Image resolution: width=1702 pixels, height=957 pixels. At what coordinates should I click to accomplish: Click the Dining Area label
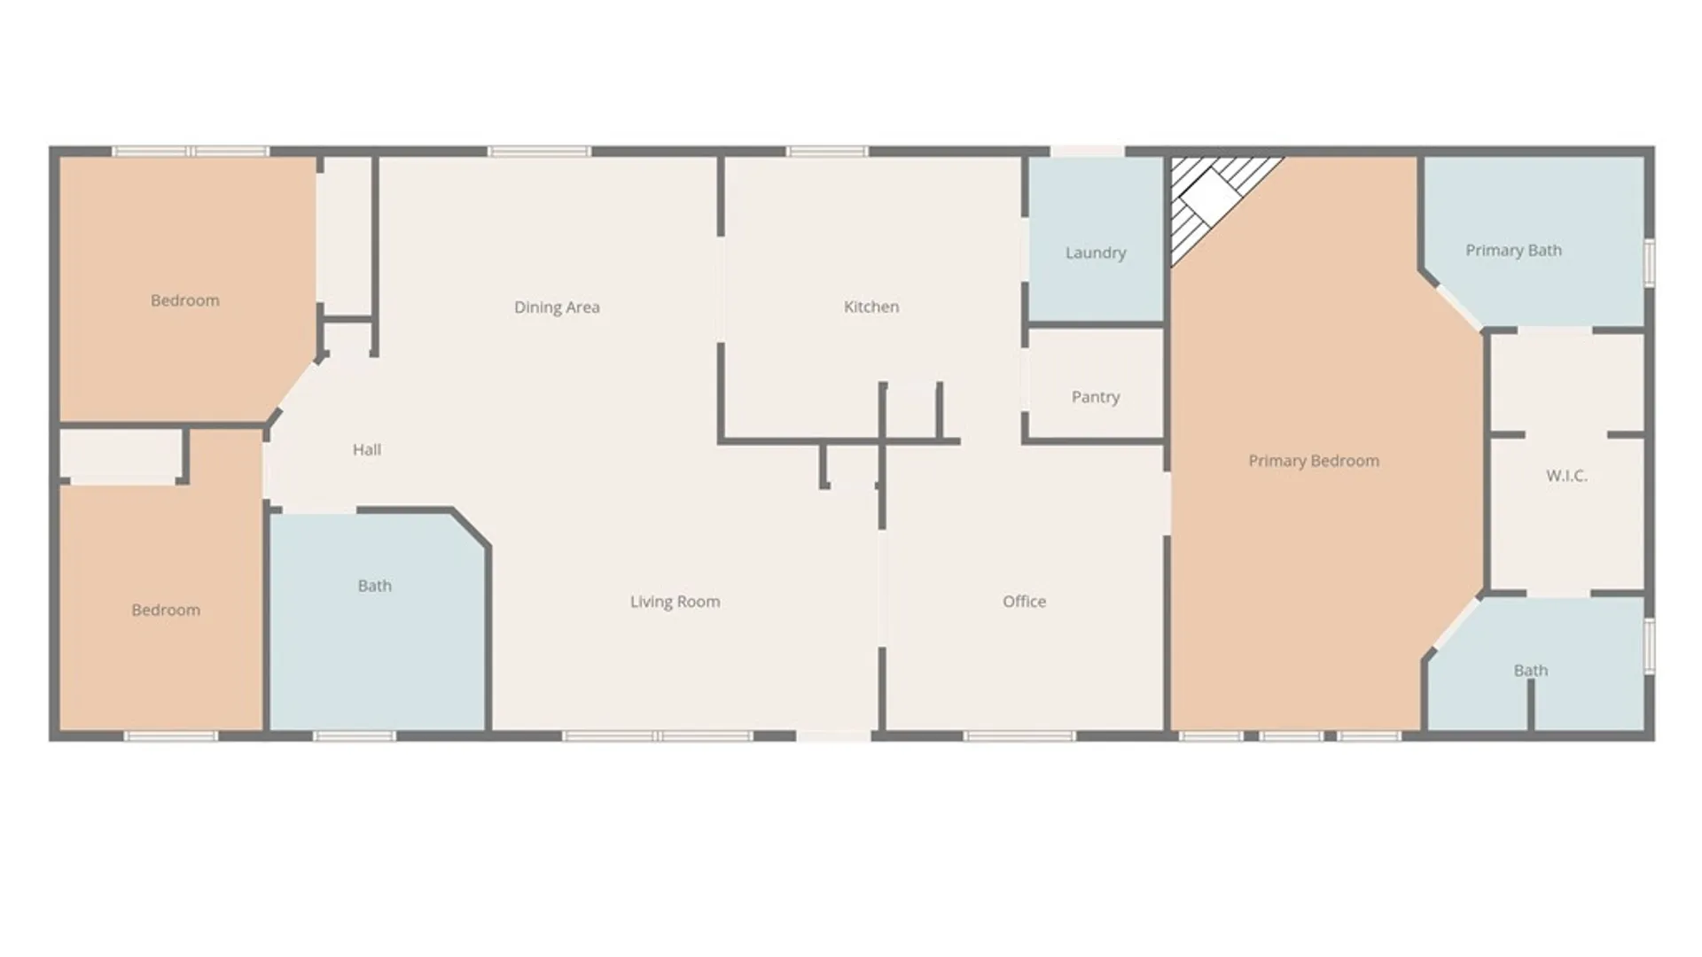tap(557, 307)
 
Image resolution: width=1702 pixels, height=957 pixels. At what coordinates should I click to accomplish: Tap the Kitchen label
tap(871, 307)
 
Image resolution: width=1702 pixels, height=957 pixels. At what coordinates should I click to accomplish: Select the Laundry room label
tap(1096, 253)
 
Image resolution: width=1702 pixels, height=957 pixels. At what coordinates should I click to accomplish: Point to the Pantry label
tap(1096, 397)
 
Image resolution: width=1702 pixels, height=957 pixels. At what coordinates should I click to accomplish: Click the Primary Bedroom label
tap(1314, 461)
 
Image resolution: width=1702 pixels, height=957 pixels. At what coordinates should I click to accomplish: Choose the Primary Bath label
tap(1513, 251)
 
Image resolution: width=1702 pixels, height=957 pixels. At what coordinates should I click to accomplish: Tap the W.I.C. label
tap(1566, 476)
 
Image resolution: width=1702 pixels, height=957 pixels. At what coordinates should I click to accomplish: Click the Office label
tap(1024, 602)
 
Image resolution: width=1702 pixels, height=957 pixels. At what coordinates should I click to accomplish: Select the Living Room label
tap(675, 603)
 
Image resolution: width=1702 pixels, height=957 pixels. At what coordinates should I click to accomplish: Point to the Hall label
tap(367, 450)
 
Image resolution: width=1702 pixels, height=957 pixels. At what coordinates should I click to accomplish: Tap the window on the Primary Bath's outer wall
tap(1650, 262)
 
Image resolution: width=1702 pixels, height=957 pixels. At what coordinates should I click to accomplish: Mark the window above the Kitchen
tap(828, 152)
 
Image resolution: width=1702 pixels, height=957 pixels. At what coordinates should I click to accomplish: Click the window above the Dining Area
tap(539, 152)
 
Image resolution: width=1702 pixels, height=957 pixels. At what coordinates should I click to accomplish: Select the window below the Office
tap(1019, 735)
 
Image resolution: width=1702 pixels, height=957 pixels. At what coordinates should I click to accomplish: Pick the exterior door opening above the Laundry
tap(1088, 152)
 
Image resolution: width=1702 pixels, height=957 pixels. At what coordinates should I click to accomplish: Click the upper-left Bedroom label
tap(184, 300)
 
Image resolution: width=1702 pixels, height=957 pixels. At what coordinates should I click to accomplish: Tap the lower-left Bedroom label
tap(166, 611)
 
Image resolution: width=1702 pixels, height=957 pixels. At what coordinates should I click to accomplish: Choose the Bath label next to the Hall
tap(374, 586)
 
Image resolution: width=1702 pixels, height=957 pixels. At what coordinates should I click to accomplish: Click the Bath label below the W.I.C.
tap(1531, 671)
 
